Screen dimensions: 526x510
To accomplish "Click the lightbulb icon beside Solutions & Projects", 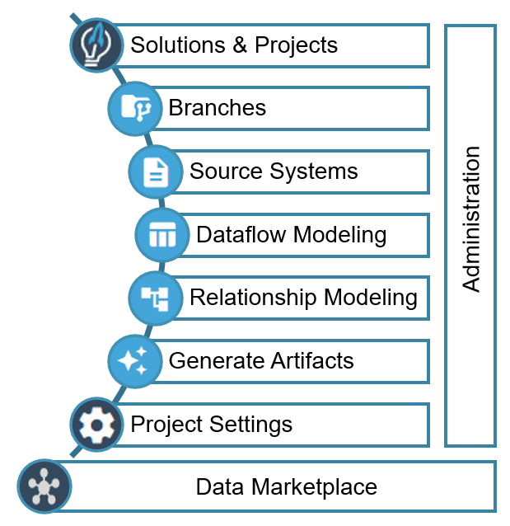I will [x=96, y=45].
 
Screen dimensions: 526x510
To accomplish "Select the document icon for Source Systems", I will [x=155, y=171].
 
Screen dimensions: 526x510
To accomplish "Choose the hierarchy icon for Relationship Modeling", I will [x=155, y=298].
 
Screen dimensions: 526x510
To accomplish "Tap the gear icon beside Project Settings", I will [x=96, y=425].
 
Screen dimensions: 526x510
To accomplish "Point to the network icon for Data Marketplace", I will [x=44, y=486].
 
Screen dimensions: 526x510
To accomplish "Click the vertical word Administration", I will [x=470, y=218].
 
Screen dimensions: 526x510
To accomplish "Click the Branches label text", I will [x=217, y=108].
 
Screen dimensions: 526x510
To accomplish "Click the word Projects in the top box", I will [x=297, y=45].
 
